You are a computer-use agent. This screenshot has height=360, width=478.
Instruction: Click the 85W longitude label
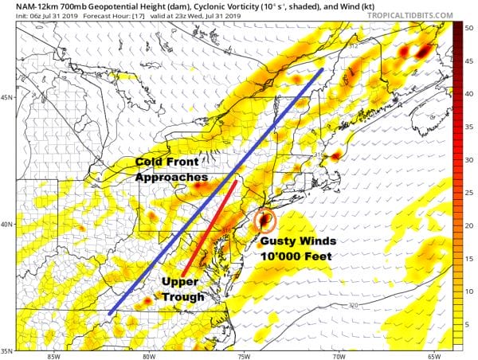pos(53,355)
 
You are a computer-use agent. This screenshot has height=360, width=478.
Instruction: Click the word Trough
pos(184,296)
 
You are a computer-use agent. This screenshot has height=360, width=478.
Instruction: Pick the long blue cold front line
pos(215,192)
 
